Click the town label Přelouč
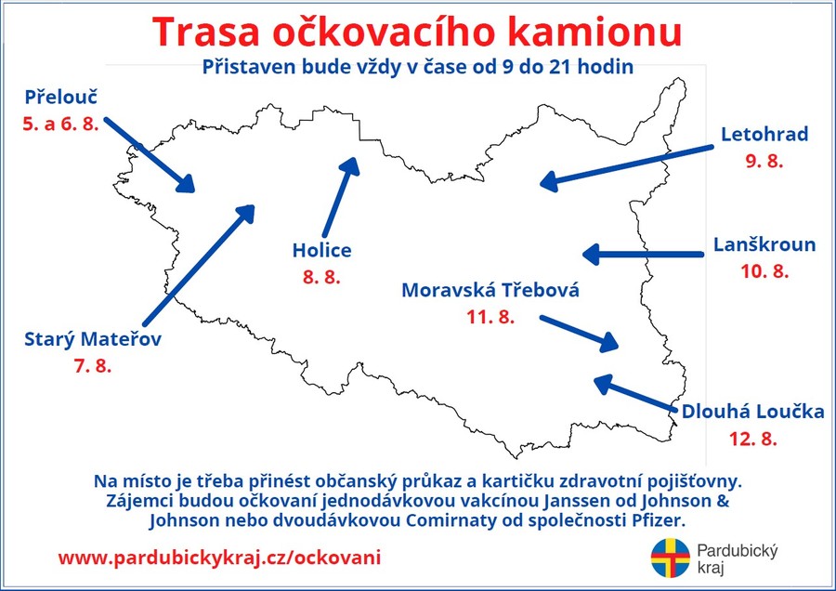click(x=61, y=97)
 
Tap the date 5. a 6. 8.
click(x=60, y=124)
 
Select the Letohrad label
click(x=764, y=134)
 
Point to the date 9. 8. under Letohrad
click(x=764, y=161)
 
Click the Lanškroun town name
click(x=764, y=244)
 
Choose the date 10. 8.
click(x=764, y=271)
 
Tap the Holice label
click(x=322, y=250)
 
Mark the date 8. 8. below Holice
click(x=321, y=277)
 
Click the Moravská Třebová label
click(x=490, y=290)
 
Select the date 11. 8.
click(x=490, y=317)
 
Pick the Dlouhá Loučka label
click(x=752, y=412)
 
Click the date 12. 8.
click(x=752, y=439)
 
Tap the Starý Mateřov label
click(x=93, y=339)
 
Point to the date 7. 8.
click(x=93, y=366)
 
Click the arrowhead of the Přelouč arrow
click(x=186, y=183)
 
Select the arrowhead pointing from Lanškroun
click(x=592, y=255)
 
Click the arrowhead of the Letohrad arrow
click(x=549, y=180)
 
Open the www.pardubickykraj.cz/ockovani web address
click(x=219, y=558)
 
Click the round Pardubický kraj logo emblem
click(x=670, y=558)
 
